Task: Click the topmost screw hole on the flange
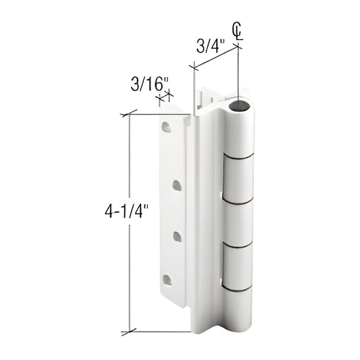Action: pos(166,125)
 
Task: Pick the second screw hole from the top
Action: pos(177,184)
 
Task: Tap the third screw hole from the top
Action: pos(177,236)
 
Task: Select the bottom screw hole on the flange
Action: pos(167,279)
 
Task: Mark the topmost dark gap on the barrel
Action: pos(240,157)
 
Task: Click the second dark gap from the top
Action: pos(240,201)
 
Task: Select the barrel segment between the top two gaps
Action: pos(240,179)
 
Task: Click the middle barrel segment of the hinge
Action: pos(240,224)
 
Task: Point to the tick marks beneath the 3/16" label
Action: pos(163,99)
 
